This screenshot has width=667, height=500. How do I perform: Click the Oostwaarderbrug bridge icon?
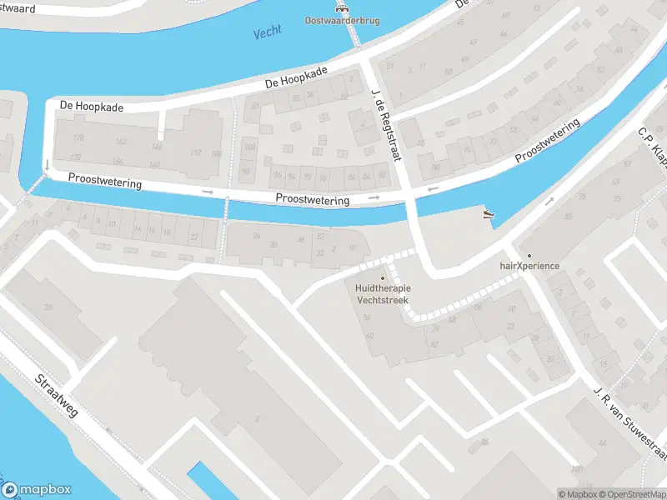(341, 7)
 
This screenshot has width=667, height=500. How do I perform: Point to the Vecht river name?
(268, 32)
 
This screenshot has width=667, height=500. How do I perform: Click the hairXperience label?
(529, 266)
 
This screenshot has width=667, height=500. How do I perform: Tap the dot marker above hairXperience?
(529, 255)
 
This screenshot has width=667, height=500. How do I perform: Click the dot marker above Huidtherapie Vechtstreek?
(384, 277)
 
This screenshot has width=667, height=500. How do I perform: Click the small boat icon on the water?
(489, 215)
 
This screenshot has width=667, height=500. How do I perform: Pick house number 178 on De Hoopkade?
(78, 137)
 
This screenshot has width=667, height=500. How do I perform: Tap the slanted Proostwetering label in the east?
(547, 142)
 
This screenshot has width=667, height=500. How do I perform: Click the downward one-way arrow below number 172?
(48, 165)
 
